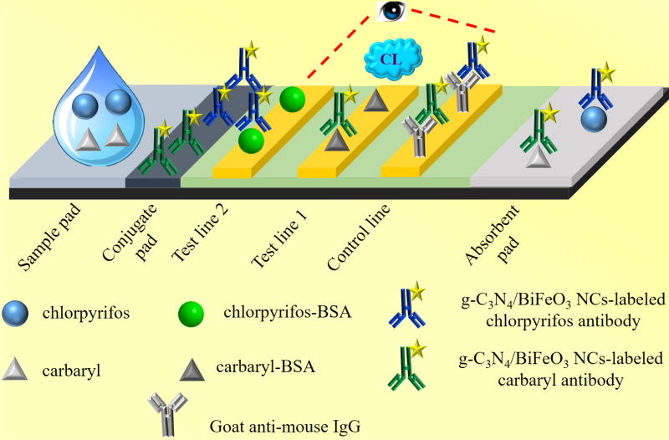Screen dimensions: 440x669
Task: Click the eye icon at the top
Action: coord(391,13)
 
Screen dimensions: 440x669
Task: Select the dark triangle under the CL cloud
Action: coord(374,100)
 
